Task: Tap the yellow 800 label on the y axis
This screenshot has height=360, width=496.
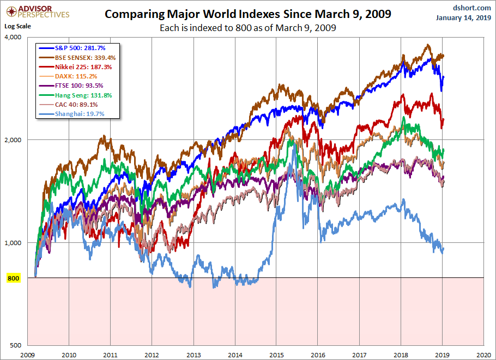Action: pos(13,278)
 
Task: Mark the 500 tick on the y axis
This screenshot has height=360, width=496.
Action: pos(17,345)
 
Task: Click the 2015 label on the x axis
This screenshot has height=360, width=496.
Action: pos(276,354)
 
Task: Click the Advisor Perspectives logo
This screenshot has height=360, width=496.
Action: pos(37,11)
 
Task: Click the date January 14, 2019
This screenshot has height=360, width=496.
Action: pos(464,17)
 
